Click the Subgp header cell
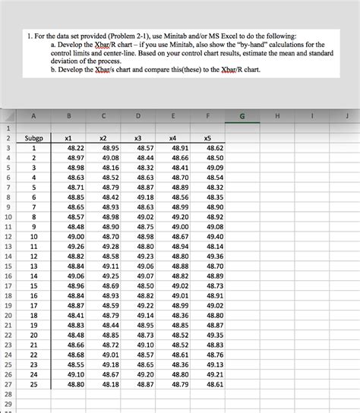click(x=33, y=138)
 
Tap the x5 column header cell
click(x=207, y=138)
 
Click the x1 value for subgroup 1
click(x=76, y=148)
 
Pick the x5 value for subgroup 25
click(x=215, y=384)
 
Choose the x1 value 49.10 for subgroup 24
click(x=76, y=374)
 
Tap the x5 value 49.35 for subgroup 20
click(x=215, y=335)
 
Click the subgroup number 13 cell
click(x=33, y=266)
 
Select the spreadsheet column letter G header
click(x=242, y=116)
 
